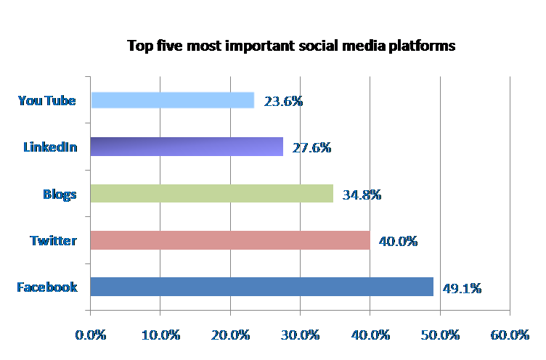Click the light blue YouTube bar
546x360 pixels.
click(173, 100)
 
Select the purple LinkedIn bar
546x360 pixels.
click(187, 147)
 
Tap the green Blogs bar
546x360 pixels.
click(211, 193)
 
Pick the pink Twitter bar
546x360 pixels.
click(230, 240)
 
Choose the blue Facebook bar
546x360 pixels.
click(261, 286)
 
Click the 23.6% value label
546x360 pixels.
click(283, 101)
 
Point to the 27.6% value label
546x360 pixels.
click(311, 147)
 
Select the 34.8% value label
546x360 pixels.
click(361, 194)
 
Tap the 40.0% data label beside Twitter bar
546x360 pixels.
click(398, 240)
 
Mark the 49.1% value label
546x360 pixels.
click(462, 287)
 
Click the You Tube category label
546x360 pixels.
click(46, 101)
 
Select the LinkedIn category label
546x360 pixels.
click(50, 147)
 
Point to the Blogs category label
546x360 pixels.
click(60, 194)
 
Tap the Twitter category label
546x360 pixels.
click(53, 240)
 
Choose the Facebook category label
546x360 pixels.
click(47, 287)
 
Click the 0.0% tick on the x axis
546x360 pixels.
click(91, 335)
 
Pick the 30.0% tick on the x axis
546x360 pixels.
click(300, 335)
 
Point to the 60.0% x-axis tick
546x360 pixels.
click(510, 335)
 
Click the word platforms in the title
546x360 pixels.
click(423, 46)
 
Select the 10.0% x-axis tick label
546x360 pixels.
click(160, 335)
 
